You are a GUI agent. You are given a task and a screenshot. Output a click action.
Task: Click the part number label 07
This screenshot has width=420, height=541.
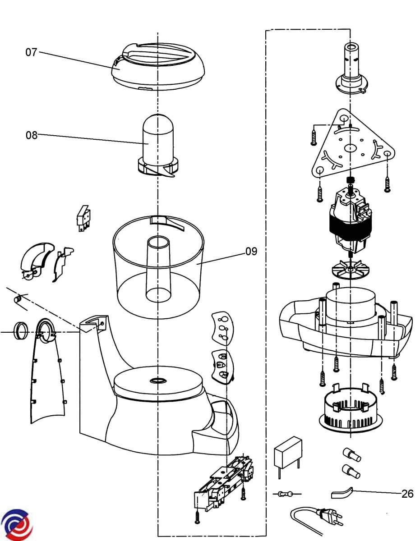coord(31,52)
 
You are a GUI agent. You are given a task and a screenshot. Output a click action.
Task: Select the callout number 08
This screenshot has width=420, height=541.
coord(32,135)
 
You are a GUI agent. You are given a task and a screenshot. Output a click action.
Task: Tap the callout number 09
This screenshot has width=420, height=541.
coord(251,252)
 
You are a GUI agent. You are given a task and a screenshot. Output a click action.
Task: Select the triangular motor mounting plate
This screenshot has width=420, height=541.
coord(353,144)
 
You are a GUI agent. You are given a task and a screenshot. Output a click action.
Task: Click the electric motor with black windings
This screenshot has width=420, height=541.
coord(351,219)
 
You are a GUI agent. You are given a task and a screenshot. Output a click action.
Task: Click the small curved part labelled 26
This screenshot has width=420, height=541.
coord(342,493)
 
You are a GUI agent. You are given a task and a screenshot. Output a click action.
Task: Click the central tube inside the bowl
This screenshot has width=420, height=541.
coord(159,269)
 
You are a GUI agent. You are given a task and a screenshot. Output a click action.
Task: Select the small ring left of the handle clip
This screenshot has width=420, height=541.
coord(20,330)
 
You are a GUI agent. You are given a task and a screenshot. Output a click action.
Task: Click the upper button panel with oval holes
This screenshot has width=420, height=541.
coord(223,329)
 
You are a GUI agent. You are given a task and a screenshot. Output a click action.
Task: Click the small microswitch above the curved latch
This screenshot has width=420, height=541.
coord(83,218)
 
